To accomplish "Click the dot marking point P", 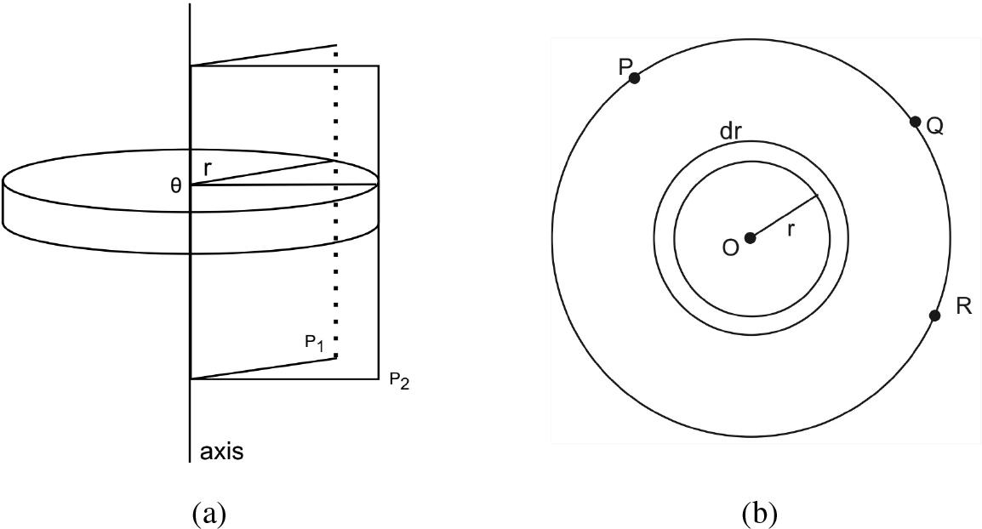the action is tap(635, 78).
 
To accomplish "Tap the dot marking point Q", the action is tap(915, 122).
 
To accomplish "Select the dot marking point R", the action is tap(935, 316).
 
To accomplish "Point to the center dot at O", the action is tap(751, 238).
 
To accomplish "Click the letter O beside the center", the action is tap(729, 247).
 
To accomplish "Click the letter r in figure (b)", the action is tap(791, 230).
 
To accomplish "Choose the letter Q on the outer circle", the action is tap(934, 127).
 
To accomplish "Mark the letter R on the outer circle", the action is tap(964, 307).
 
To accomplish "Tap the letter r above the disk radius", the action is tap(208, 168).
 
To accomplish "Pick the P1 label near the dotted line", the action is tap(314, 343).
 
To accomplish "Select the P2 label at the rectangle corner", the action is tap(400, 381).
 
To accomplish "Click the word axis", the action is tap(221, 452).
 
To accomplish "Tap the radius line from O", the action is tap(784, 217).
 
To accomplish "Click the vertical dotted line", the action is tap(336, 202).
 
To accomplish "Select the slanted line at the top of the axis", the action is tap(264, 55).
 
